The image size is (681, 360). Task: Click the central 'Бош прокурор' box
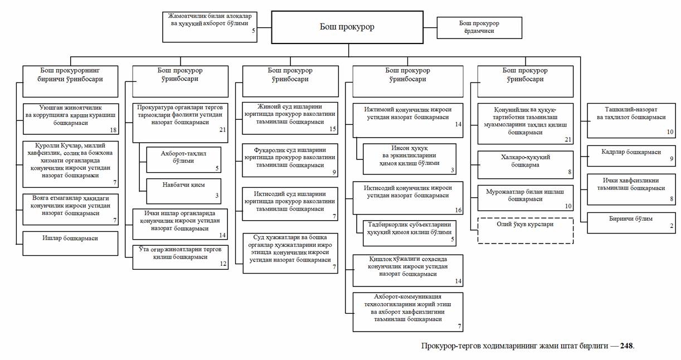pos(347,27)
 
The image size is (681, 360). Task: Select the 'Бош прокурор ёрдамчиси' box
pos(479,27)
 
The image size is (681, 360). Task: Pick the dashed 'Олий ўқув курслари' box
pos(525,230)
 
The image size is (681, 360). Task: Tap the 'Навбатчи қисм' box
pos(183,190)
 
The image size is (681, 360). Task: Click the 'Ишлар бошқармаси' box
pos(71,243)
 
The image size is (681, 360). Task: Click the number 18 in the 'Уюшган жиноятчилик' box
pos(114,130)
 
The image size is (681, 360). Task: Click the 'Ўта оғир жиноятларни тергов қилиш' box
pos(181,257)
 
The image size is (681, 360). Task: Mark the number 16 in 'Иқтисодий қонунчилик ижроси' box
pos(458,210)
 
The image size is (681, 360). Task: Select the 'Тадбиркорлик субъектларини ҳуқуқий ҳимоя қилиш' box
pos(409,233)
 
